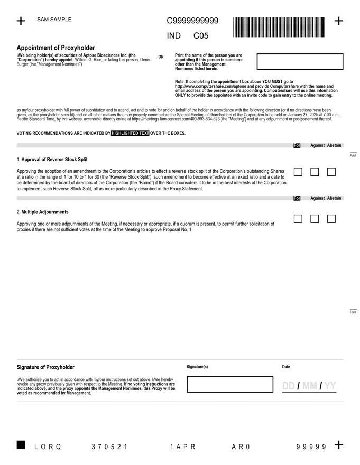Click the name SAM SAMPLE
54,20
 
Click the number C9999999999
192,21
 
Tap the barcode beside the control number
279,27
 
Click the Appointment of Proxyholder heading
56,47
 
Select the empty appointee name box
300,61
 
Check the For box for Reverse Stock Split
298,172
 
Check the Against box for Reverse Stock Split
315,172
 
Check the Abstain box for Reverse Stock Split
331,172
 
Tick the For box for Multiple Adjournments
298,219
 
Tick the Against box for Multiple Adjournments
315,219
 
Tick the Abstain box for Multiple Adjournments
331,219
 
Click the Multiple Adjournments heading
45,212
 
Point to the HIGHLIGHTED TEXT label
130,133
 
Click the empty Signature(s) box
230,384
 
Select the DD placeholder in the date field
289,386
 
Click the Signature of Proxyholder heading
45,367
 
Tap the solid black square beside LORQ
21,445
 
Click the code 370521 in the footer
109,447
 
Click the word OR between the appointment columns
161,57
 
